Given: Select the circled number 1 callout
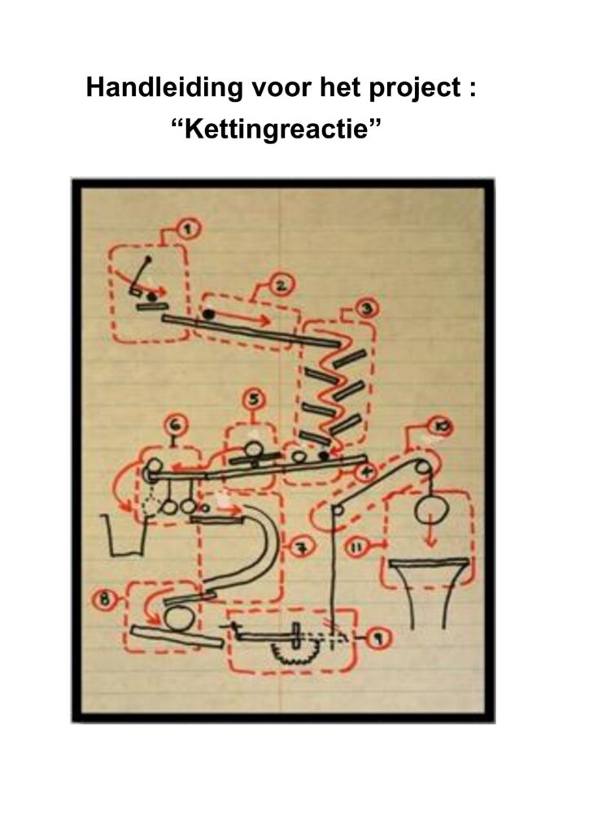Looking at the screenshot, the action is [187, 229].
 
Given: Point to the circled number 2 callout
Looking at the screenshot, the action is [281, 288].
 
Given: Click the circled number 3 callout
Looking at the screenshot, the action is [368, 308].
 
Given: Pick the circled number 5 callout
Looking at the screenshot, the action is [255, 399].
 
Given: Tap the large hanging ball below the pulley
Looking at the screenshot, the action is [431, 511].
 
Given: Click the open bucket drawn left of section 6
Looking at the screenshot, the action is [126, 534].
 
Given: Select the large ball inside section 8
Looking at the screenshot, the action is [180, 619].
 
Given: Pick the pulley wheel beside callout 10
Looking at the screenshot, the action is [423, 467].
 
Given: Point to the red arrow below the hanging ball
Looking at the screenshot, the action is [431, 538].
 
